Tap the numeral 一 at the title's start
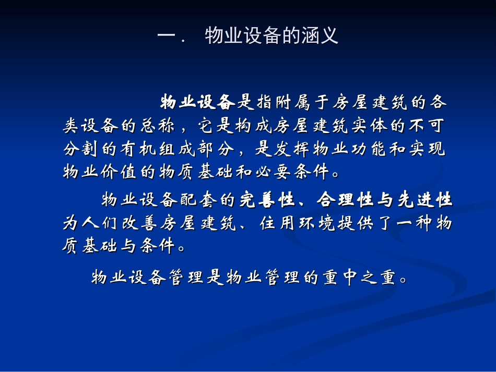[x=166, y=37]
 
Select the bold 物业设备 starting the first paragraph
[x=198, y=102]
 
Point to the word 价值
[x=120, y=172]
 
